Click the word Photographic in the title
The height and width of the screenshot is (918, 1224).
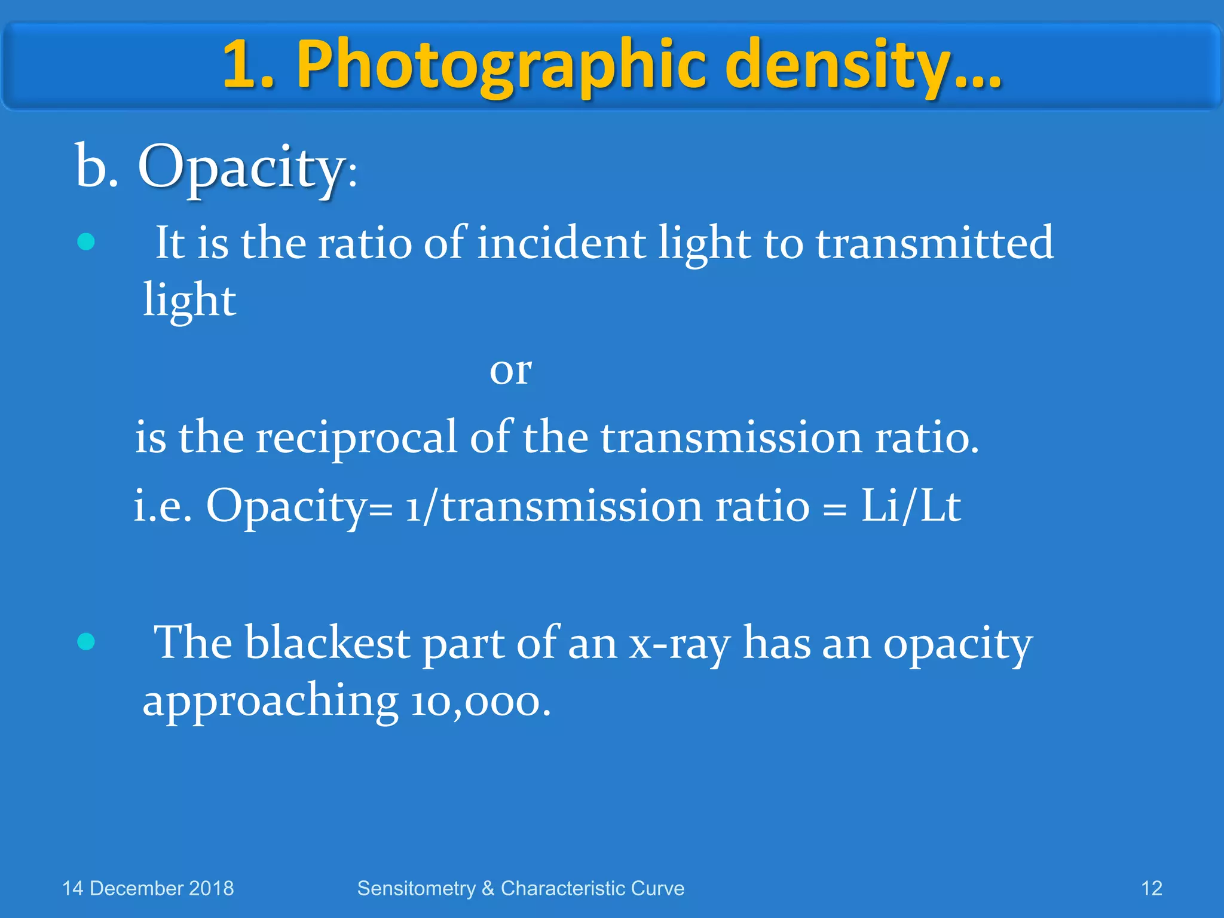click(503, 65)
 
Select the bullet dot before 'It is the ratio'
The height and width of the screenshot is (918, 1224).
click(86, 242)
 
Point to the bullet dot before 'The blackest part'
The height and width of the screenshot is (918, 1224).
click(86, 642)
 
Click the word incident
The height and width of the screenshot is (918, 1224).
click(561, 243)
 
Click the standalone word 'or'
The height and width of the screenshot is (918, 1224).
click(510, 371)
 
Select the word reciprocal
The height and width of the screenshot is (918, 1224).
click(356, 438)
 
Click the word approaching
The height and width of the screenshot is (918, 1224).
click(270, 702)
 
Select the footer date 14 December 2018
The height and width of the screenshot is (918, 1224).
click(148, 889)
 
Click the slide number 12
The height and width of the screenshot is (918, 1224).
click(1151, 889)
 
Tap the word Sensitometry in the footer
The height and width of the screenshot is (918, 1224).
click(416, 889)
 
